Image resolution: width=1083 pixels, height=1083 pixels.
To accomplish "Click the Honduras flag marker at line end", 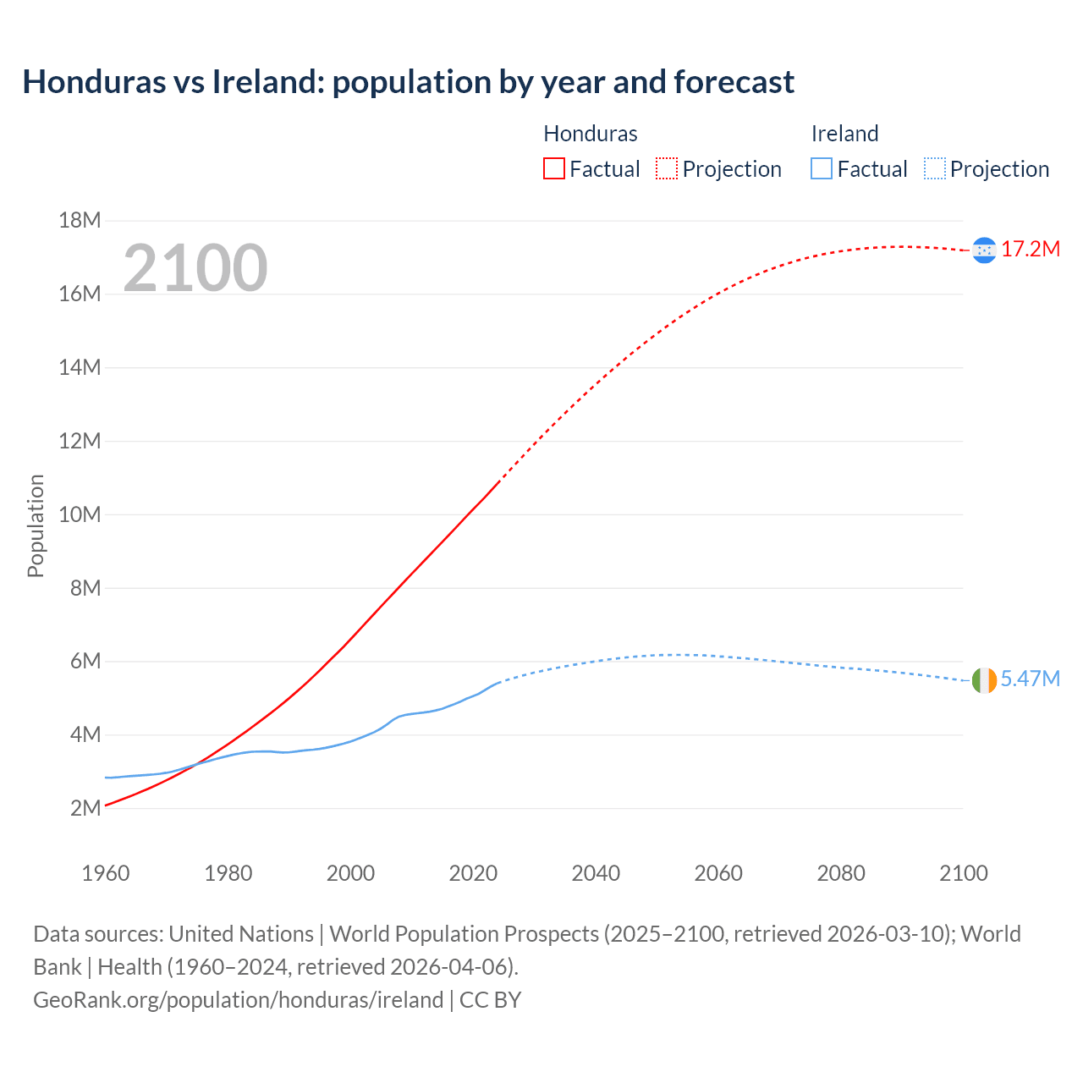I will (x=984, y=250).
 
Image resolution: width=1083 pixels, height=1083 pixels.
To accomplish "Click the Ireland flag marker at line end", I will (x=984, y=679).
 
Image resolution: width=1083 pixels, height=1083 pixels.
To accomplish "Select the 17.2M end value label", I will (x=1031, y=249).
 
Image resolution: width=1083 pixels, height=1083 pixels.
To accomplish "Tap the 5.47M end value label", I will (x=1031, y=679).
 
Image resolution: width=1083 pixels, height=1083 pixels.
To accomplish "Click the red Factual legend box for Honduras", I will (x=553, y=169).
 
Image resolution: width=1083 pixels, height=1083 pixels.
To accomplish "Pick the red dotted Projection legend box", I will (x=667, y=169).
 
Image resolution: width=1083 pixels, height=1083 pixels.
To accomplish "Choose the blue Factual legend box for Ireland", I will (x=821, y=169).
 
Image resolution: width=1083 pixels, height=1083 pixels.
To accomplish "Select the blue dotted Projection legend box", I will (x=934, y=169).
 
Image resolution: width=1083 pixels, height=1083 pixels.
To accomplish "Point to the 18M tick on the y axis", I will (x=80, y=221).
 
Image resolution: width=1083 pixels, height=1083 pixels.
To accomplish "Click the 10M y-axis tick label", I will (x=80, y=514).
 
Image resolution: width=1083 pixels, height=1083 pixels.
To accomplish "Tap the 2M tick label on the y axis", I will (x=85, y=808).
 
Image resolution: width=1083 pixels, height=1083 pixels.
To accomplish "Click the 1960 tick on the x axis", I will (x=106, y=873).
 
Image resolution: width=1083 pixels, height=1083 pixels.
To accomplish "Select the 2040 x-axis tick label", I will (x=596, y=873).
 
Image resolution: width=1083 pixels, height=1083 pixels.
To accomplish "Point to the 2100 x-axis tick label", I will (x=963, y=873).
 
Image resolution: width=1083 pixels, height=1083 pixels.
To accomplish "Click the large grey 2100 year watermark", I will (x=195, y=268).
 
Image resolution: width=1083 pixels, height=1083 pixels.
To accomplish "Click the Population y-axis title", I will (x=36, y=525).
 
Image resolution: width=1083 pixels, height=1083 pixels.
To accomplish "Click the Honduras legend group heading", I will (x=590, y=134).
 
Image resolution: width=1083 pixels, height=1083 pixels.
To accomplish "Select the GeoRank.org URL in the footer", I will (x=238, y=1000).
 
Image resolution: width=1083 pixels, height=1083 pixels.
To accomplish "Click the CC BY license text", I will (x=490, y=1000).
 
